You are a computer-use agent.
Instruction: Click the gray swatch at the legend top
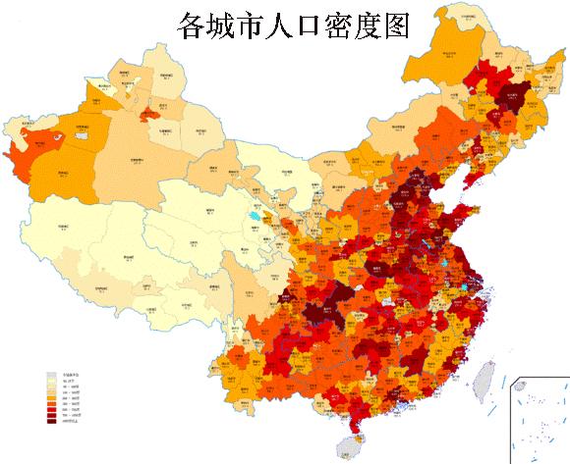pyautogui.click(x=52, y=375)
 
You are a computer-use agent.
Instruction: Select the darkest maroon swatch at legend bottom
pyautogui.click(x=52, y=422)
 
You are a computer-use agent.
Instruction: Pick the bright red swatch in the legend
pyautogui.click(x=52, y=410)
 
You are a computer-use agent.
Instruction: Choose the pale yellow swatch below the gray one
pyautogui.click(x=52, y=381)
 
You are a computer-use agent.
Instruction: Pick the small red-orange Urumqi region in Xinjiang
pyautogui.click(x=150, y=116)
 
